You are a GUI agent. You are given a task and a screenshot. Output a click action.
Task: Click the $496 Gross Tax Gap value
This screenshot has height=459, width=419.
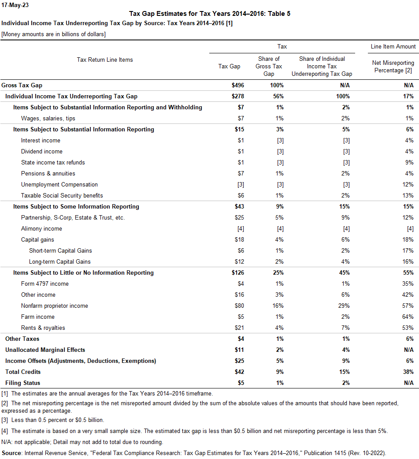(238, 85)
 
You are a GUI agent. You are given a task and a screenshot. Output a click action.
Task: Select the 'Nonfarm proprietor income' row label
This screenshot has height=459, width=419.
(55, 306)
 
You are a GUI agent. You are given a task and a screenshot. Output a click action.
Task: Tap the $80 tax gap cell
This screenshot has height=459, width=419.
(239, 306)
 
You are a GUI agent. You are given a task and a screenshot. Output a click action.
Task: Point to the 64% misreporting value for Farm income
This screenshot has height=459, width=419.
(408, 317)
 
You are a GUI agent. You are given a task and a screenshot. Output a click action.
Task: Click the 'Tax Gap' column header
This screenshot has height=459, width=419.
(230, 66)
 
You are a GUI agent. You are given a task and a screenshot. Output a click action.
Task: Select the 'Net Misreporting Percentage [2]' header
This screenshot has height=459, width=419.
(393, 67)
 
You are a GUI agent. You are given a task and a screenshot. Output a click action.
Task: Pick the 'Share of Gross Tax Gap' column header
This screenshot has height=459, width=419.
(268, 66)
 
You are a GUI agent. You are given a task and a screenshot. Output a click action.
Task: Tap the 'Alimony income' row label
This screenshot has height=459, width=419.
(41, 228)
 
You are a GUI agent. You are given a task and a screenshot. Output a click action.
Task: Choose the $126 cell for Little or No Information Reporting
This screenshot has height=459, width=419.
(238, 272)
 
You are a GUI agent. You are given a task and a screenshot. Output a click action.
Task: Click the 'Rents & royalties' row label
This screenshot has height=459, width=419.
(43, 328)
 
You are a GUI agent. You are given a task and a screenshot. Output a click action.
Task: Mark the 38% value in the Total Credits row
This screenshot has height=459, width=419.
(408, 372)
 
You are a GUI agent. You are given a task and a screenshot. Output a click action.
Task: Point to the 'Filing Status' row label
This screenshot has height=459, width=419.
(22, 383)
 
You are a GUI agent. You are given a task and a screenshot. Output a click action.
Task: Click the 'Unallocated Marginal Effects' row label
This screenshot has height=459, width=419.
(45, 350)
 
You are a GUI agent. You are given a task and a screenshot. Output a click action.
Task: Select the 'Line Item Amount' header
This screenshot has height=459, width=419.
(393, 46)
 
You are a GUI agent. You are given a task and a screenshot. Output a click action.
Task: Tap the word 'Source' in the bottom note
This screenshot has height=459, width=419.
(12, 453)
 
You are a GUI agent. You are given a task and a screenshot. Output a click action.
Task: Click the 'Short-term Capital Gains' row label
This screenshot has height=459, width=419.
(60, 250)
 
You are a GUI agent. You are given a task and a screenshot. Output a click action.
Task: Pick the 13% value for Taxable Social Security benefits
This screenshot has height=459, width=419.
(408, 195)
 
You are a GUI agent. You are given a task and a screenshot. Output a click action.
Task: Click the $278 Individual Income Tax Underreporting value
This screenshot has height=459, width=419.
(238, 96)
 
